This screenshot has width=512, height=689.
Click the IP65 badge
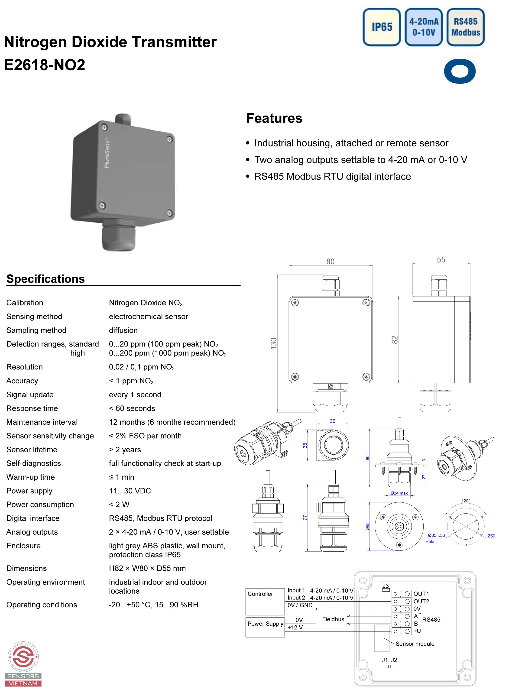(x=382, y=27)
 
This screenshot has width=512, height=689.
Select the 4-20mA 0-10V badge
(x=423, y=27)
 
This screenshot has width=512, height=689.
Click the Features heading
(x=274, y=118)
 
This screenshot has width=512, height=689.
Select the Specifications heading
(x=45, y=279)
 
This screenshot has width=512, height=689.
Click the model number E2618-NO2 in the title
(x=45, y=65)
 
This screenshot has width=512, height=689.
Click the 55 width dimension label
(x=441, y=260)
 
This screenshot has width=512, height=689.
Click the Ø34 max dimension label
(x=399, y=493)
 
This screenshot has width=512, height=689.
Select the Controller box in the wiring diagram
(x=265, y=601)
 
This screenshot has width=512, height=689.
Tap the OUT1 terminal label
(x=421, y=594)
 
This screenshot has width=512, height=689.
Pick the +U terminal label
(x=417, y=631)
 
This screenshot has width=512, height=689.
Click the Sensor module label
(x=415, y=644)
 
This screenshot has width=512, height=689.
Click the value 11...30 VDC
(x=130, y=491)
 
